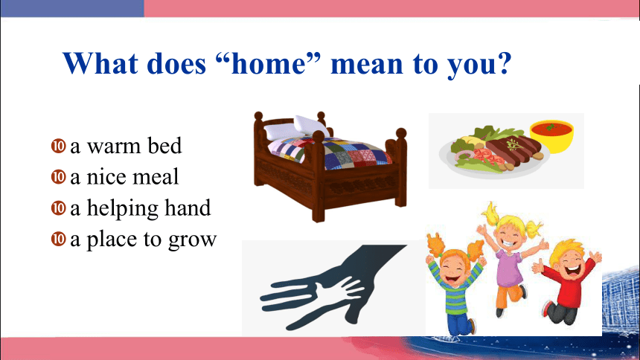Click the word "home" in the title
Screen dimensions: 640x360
click(x=269, y=64)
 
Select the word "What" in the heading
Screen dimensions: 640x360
click(x=100, y=63)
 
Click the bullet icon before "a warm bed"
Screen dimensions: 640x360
click(x=58, y=146)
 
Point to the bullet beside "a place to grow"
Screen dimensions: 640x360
click(x=58, y=239)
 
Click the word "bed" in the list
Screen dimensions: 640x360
click(x=164, y=145)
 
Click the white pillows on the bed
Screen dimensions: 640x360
click(x=296, y=128)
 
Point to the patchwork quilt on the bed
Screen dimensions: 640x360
click(x=330, y=152)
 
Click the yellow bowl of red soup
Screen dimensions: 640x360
click(x=551, y=135)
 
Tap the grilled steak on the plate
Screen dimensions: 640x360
click(x=514, y=149)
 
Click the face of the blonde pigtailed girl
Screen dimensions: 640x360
click(x=509, y=233)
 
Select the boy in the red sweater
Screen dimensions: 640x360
click(x=566, y=282)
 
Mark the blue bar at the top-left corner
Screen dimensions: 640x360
click(x=72, y=8)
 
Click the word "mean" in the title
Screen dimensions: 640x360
click(x=367, y=64)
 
